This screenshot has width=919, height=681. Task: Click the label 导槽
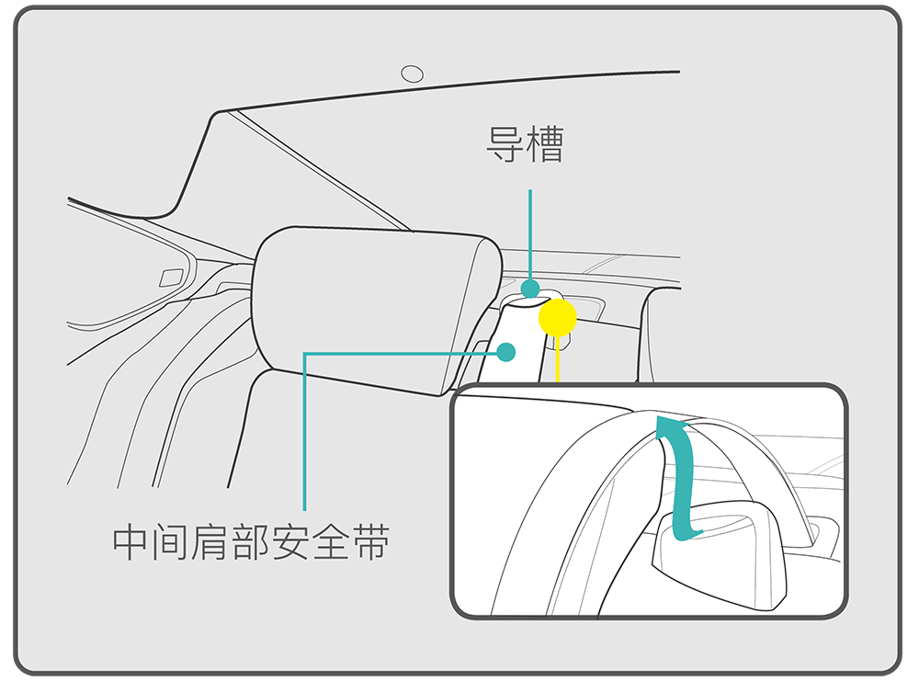(x=525, y=145)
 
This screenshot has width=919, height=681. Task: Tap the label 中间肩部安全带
(x=251, y=543)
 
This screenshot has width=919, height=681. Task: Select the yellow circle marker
(x=557, y=317)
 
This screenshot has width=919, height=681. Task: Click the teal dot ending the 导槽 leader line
(x=530, y=289)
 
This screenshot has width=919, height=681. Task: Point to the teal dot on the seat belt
(x=507, y=351)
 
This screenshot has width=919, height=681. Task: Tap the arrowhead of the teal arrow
(x=669, y=424)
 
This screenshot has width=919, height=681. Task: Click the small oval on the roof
(x=414, y=74)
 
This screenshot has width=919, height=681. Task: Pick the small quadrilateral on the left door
(x=171, y=278)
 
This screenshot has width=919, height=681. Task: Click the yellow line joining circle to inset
(x=558, y=361)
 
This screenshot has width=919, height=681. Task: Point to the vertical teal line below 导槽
(x=530, y=234)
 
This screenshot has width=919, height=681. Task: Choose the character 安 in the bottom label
(x=291, y=543)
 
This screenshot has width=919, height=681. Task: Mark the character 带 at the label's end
(x=370, y=543)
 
